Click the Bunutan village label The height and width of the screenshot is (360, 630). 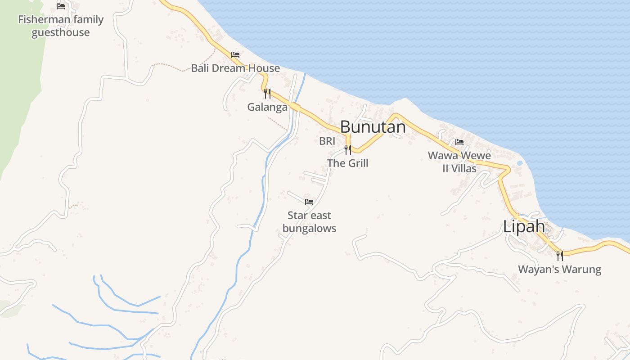(x=373, y=127)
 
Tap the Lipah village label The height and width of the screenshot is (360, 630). (x=524, y=226)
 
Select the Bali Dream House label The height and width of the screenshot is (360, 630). (x=235, y=68)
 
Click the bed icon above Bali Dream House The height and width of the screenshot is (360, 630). (x=235, y=55)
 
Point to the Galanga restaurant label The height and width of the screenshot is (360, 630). (x=267, y=107)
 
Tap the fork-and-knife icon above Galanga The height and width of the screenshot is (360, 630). (x=267, y=94)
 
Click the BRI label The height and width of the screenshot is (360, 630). (x=327, y=141)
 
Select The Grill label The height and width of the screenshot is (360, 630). (x=348, y=163)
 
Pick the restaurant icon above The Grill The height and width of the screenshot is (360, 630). (x=348, y=149)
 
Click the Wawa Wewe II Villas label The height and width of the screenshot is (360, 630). (x=459, y=162)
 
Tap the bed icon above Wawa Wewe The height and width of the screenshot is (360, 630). (x=459, y=142)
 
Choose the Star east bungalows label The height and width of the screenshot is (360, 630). (x=309, y=222)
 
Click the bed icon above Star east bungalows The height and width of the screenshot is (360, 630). (x=309, y=202)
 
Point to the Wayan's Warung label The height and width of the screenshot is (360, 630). (x=559, y=270)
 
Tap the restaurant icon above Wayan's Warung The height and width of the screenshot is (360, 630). (x=559, y=256)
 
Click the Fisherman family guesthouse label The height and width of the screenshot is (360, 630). (x=61, y=26)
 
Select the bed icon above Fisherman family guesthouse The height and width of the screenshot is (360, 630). (x=61, y=6)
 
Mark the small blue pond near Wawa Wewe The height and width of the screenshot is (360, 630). (x=520, y=163)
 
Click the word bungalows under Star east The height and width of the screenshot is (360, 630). (x=309, y=228)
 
